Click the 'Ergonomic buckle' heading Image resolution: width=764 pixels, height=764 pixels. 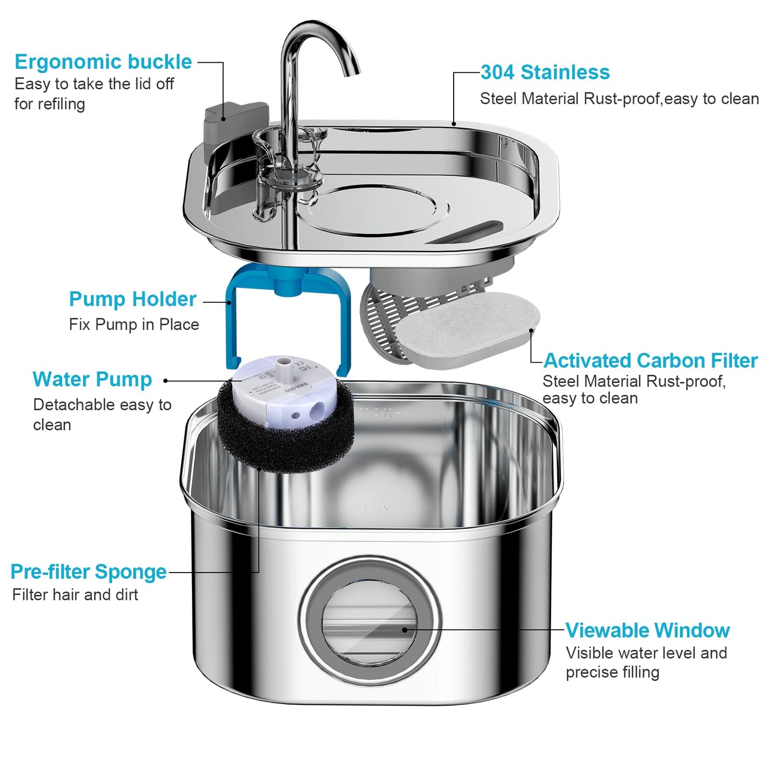click(103, 62)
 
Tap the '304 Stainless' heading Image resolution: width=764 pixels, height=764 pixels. click(545, 72)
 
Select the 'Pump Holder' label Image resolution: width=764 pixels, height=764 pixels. click(133, 299)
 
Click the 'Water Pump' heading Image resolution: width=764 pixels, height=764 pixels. click(93, 380)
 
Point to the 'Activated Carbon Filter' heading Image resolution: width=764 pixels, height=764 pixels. click(650, 361)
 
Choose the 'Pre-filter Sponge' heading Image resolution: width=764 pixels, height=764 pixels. click(88, 572)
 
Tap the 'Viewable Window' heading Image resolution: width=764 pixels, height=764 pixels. click(648, 630)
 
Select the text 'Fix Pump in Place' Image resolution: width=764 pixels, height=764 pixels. click(134, 325)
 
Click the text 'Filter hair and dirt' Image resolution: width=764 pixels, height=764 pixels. click(75, 595)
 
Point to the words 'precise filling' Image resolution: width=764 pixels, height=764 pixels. click(612, 673)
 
